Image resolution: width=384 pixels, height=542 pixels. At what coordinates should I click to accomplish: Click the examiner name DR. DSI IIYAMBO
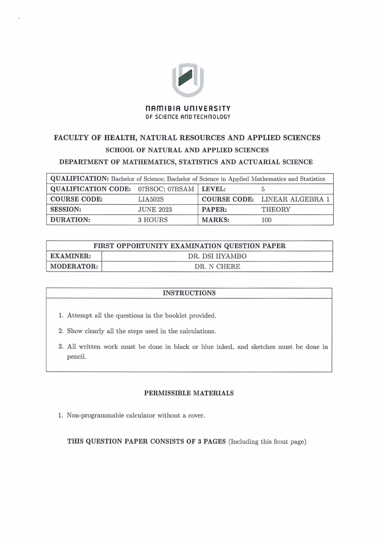pos(217,256)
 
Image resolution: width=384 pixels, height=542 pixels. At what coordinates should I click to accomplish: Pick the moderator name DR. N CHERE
pos(217,267)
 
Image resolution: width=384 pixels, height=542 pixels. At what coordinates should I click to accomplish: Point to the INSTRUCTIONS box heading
pos(189,293)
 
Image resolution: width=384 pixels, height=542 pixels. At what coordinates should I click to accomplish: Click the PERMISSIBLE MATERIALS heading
pos(189,393)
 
